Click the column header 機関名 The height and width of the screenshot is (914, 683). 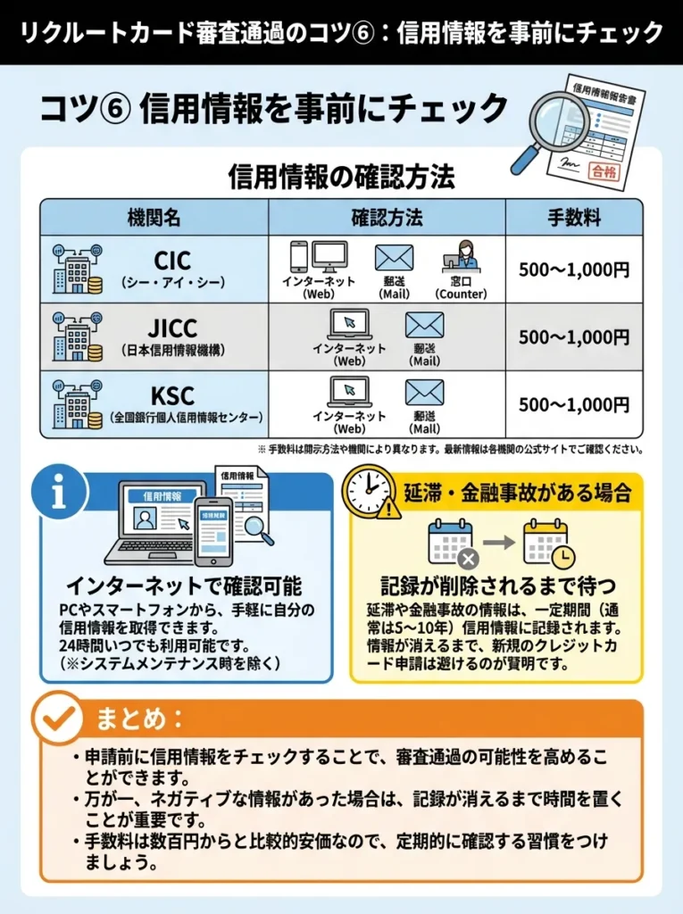click(x=154, y=217)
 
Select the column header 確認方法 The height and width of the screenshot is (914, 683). click(x=387, y=217)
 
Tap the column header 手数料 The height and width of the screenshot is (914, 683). click(x=573, y=217)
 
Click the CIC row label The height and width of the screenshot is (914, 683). click(x=172, y=261)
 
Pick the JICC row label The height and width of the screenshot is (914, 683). click(x=172, y=328)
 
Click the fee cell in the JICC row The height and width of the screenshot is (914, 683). click(x=573, y=337)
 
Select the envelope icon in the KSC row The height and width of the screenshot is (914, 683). click(x=424, y=392)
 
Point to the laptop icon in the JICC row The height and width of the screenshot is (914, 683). click(x=349, y=324)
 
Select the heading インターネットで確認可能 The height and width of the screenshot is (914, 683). click(x=184, y=586)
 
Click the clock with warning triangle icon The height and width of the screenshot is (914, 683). click(x=369, y=492)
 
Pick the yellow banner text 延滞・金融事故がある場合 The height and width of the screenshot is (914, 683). click(x=518, y=492)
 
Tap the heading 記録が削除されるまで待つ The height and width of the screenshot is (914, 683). click(x=498, y=586)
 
